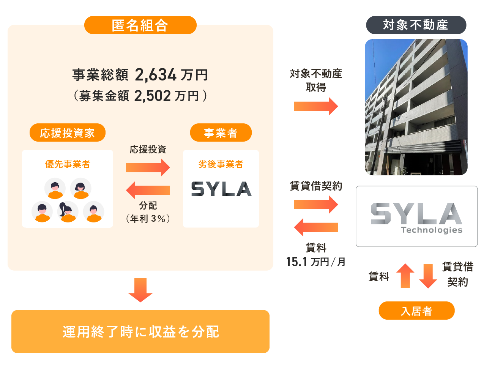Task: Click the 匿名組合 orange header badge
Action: (x=140, y=25)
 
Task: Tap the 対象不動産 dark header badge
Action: (x=416, y=25)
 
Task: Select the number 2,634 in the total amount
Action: (x=156, y=75)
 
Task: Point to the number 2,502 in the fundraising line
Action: (x=153, y=96)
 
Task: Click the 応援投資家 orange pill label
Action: (x=67, y=133)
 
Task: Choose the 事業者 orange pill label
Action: (x=221, y=133)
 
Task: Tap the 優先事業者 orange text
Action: (x=68, y=164)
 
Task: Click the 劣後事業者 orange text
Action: (x=221, y=164)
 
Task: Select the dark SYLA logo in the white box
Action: (x=221, y=189)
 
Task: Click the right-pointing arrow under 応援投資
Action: (x=148, y=167)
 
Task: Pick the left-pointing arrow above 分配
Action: (x=148, y=190)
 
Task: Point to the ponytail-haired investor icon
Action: (x=67, y=211)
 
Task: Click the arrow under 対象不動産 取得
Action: (x=316, y=106)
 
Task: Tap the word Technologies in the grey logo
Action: (x=432, y=230)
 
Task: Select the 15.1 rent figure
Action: (x=296, y=262)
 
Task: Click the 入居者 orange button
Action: (x=416, y=311)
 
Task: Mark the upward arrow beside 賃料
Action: (x=405, y=275)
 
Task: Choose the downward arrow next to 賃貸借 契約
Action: (x=428, y=276)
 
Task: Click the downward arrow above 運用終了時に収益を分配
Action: (x=140, y=290)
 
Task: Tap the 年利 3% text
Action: (x=148, y=219)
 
